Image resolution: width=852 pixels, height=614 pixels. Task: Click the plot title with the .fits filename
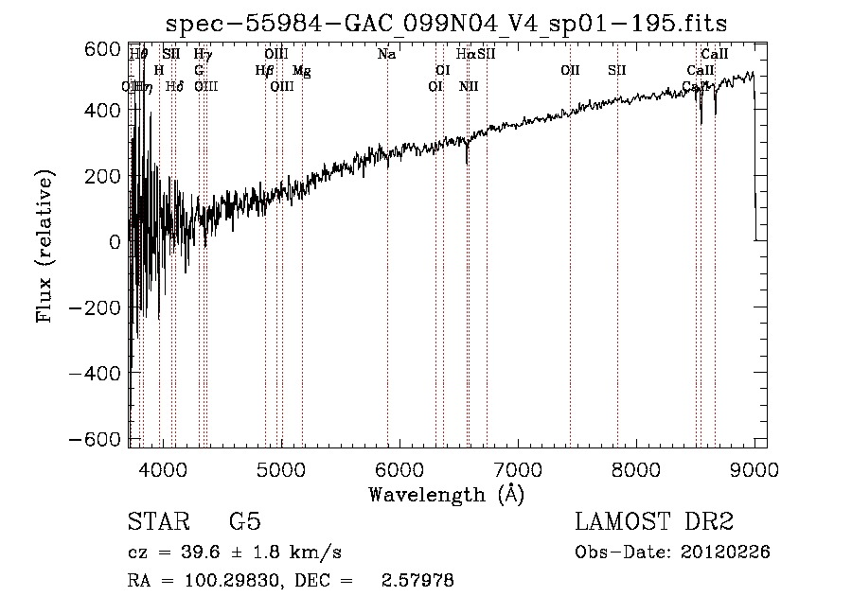[x=446, y=23]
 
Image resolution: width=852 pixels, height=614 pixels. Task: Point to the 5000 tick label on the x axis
[x=281, y=468]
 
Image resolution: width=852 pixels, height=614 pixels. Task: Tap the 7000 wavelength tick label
[x=518, y=468]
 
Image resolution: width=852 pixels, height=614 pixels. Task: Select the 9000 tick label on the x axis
[x=754, y=468]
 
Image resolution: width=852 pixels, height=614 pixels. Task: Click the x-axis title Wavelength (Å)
[x=446, y=494]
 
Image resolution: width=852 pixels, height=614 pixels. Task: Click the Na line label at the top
[x=386, y=55]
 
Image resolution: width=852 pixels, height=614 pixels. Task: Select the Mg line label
[x=301, y=71]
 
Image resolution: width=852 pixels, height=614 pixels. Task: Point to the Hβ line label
[x=264, y=71]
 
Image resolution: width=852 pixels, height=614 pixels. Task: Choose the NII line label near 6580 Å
[x=469, y=87]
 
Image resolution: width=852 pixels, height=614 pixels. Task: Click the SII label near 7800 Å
[x=617, y=71]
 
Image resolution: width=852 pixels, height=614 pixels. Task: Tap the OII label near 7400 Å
[x=570, y=71]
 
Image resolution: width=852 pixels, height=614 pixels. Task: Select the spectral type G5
[x=245, y=522]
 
